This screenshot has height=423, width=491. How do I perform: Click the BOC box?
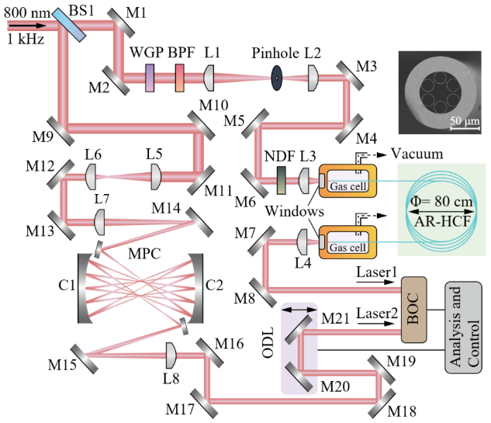click(414, 309)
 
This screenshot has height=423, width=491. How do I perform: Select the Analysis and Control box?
click(463, 327)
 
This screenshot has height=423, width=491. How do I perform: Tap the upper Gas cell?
click(348, 181)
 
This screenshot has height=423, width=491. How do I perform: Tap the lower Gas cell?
click(348, 242)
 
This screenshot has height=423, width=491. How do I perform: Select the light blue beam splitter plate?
click(69, 24)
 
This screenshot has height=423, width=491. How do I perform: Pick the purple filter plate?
click(150, 77)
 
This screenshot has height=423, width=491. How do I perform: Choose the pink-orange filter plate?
click(179, 77)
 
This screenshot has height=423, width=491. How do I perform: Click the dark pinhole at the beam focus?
click(276, 78)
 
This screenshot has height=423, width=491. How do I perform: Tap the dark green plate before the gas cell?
click(282, 181)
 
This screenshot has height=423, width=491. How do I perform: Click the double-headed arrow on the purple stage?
click(299, 310)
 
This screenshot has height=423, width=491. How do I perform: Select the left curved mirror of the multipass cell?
click(85, 287)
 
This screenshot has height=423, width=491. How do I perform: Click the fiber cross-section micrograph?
click(440, 92)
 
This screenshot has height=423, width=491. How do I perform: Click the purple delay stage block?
click(299, 348)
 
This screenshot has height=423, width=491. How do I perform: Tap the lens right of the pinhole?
click(313, 77)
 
